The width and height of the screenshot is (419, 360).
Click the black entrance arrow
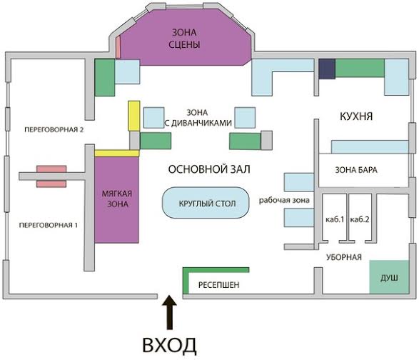[170, 312]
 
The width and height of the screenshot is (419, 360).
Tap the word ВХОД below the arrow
[169, 345]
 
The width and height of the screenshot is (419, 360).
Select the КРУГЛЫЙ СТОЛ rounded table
[206, 203]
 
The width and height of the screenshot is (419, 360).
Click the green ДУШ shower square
[389, 276]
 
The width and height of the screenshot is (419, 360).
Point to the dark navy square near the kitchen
[327, 69]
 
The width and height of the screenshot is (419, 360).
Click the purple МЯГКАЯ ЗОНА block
[116, 199]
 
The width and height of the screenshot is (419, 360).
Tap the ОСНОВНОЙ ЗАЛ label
[209, 169]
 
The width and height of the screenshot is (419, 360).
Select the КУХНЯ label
[356, 116]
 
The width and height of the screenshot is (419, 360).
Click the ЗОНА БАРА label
[356, 170]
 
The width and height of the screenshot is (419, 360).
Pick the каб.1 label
[335, 219]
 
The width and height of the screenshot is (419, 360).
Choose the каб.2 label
[360, 219]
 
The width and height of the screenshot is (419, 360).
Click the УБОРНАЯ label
[344, 257]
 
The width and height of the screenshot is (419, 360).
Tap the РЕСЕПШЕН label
[219, 285]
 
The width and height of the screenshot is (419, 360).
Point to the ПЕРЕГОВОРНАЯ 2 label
[54, 130]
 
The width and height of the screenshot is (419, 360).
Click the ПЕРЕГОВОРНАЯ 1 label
[49, 225]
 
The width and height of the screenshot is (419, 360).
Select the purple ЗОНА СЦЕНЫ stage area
[184, 37]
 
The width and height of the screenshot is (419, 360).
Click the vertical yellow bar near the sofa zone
[134, 116]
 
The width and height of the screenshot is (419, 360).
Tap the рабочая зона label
[284, 200]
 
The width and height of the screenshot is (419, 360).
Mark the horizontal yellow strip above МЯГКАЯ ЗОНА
[117, 154]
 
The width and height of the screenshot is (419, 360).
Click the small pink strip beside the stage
[118, 47]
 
